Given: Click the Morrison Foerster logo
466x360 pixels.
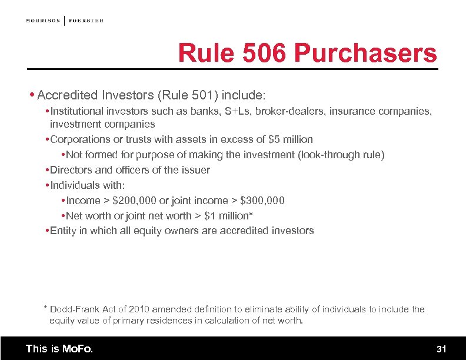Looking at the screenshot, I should coord(64,21).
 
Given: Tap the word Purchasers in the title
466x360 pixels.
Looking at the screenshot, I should coord(365,54).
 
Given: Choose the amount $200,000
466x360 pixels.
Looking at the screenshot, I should coord(134,201).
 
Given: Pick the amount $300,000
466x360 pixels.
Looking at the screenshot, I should coord(262,201).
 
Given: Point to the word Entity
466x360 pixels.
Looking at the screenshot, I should coord(64,231).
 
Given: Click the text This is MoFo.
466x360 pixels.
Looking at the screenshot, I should coord(59,349).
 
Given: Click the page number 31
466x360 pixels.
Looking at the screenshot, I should coord(441,349).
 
